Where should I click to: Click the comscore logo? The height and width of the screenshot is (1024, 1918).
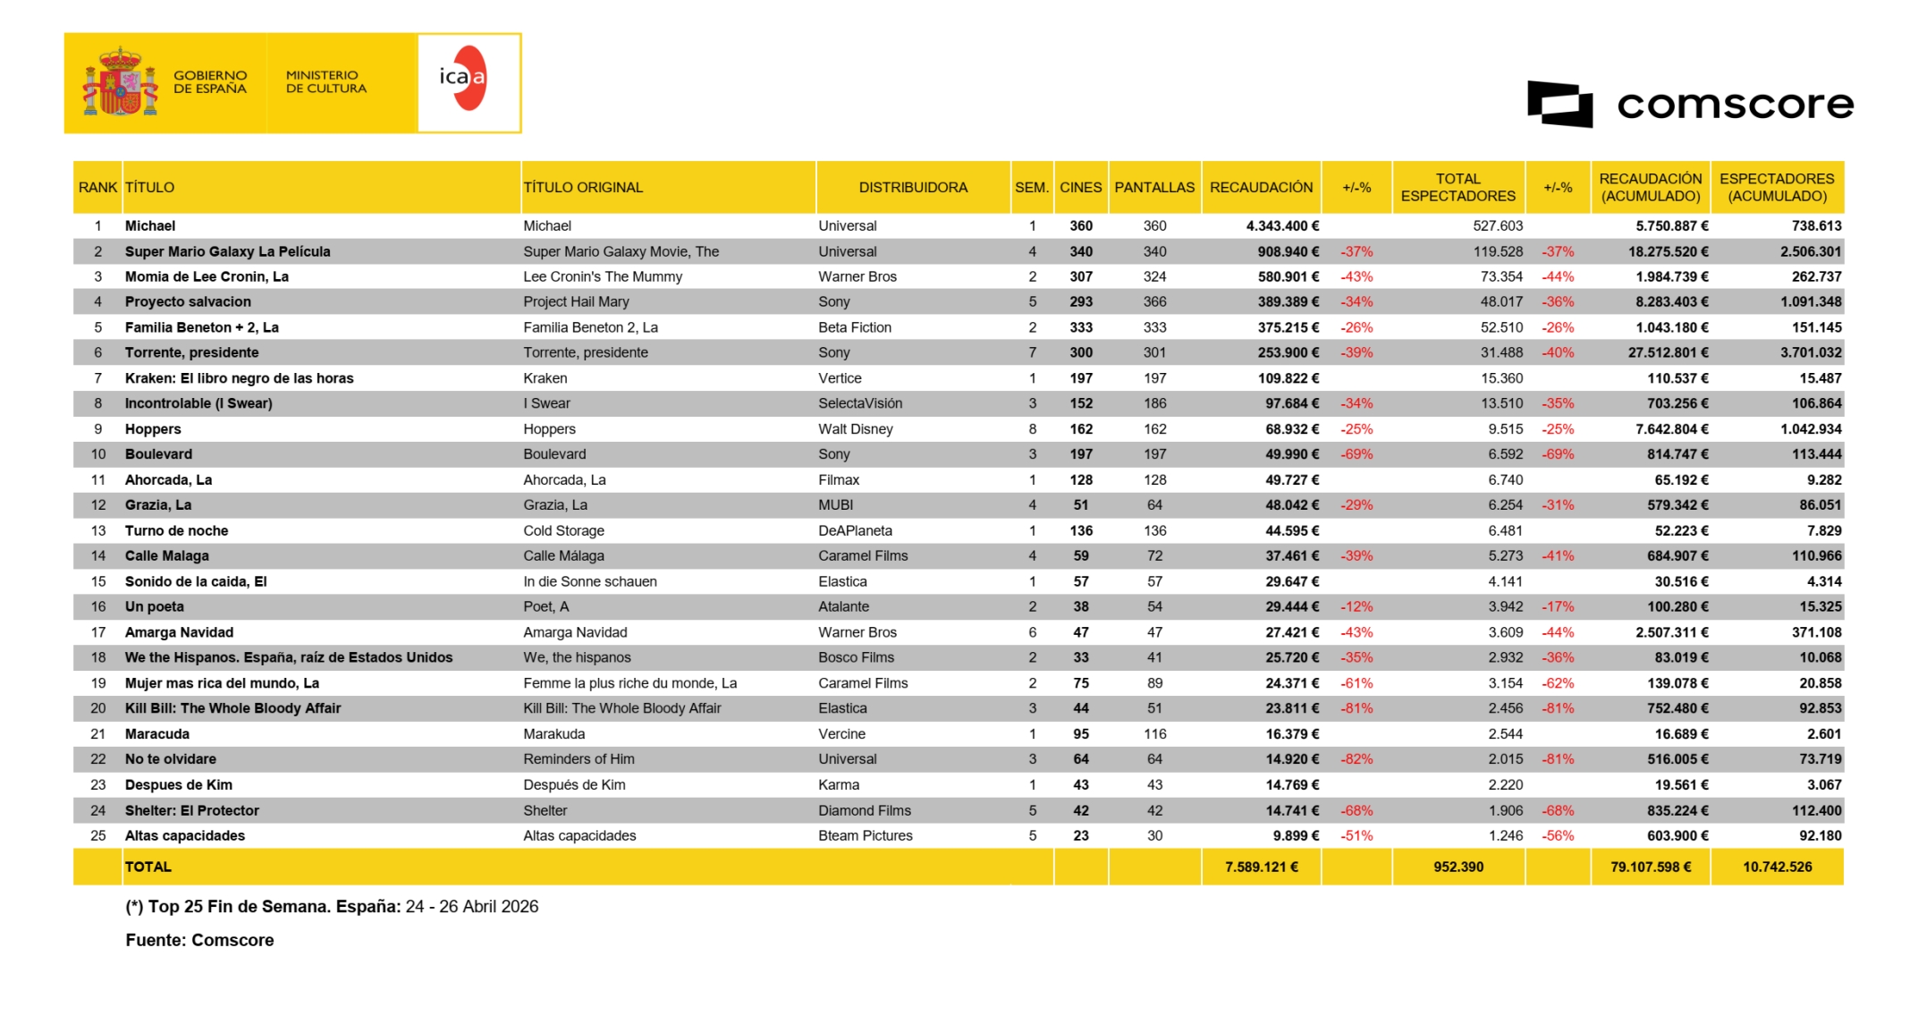point(1689,105)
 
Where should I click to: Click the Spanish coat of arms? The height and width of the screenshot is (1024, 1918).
point(120,83)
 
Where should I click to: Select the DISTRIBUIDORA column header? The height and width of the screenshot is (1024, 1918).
point(912,188)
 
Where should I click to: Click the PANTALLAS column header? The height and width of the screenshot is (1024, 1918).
point(1153,188)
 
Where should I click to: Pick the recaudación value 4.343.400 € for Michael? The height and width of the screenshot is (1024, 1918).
point(1281,226)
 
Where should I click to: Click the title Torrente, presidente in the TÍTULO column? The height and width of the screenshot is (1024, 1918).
point(191,352)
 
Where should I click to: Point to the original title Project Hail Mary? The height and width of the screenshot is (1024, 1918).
point(576,302)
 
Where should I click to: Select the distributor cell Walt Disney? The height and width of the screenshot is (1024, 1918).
point(855,429)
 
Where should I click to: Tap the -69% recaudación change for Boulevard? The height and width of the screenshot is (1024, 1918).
point(1356,454)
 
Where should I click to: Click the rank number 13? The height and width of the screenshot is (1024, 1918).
point(98,531)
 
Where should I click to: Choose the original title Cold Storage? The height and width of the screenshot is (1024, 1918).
point(563,531)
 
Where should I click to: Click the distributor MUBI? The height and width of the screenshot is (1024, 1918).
point(835,505)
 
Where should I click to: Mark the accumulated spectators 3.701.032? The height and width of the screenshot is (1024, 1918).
point(1810,352)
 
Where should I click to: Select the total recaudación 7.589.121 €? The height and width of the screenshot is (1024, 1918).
point(1261,867)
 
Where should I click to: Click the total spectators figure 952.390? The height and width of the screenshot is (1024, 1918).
point(1458,867)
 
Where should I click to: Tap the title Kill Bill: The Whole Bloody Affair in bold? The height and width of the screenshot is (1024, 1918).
point(232,708)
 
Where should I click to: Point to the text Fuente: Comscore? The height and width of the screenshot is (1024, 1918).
point(199,940)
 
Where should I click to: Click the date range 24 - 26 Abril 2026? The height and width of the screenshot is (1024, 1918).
point(471,907)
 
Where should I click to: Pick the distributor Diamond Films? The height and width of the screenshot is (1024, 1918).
point(864,811)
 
